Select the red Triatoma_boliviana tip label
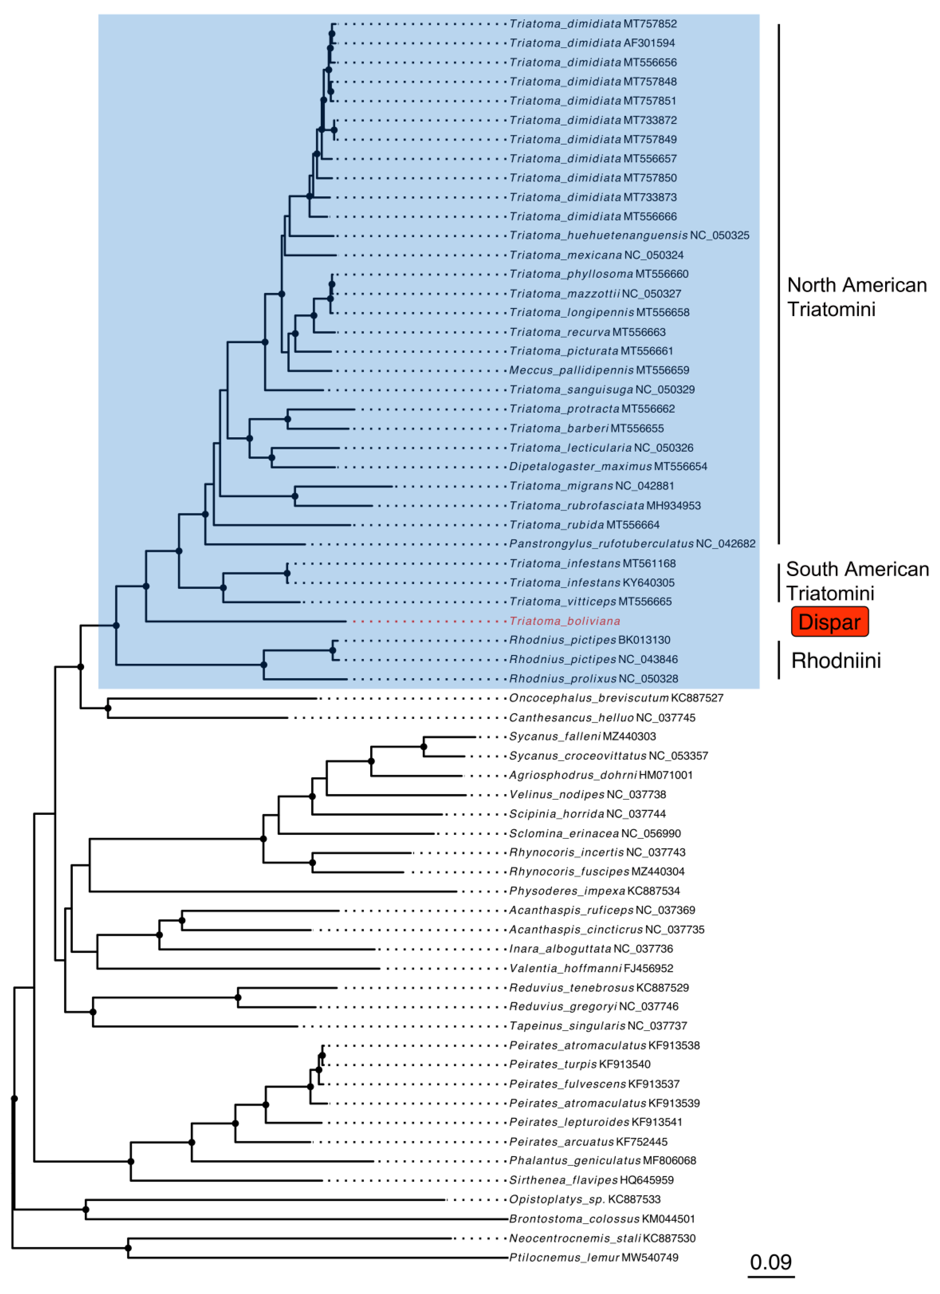point(564,621)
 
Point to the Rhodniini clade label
point(836,660)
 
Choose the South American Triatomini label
point(857,581)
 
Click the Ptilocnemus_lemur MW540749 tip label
point(593,1257)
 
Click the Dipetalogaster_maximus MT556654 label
point(608,466)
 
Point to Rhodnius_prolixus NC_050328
point(593,678)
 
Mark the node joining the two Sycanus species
point(424,746)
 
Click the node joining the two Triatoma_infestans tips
point(287,573)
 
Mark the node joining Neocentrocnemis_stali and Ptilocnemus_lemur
point(128,1248)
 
